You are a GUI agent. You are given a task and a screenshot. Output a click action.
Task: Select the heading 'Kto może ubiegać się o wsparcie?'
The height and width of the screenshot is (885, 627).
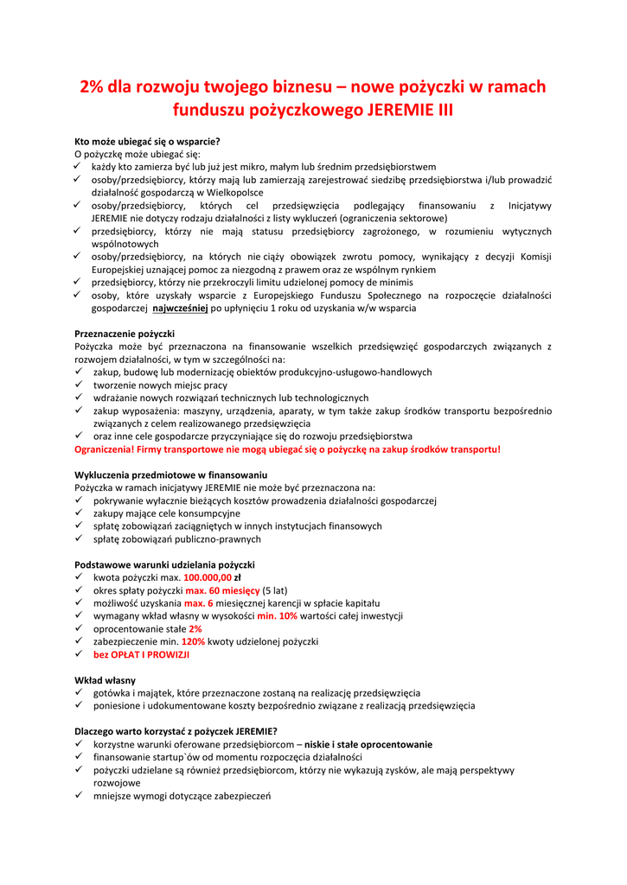click(148, 141)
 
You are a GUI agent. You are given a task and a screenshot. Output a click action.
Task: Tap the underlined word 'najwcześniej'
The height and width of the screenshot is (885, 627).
click(180, 308)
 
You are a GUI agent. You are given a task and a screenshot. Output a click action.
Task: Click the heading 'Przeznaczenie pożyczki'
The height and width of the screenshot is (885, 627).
click(125, 334)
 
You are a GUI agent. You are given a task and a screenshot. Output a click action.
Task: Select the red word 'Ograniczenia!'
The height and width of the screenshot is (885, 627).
click(108, 449)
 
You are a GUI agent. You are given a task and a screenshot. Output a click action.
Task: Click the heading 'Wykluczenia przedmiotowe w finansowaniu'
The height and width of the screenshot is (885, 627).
click(171, 475)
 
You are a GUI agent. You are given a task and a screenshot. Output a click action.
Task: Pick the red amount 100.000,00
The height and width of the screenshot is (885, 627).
click(208, 577)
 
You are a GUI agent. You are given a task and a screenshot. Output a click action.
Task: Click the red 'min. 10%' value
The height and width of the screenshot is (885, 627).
click(277, 616)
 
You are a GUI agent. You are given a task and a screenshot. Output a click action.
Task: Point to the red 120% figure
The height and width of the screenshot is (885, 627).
click(193, 642)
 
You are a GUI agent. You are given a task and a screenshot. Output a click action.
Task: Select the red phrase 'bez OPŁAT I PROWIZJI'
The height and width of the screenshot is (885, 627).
click(141, 655)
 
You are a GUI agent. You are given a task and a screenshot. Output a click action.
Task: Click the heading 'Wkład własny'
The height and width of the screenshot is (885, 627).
click(105, 680)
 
